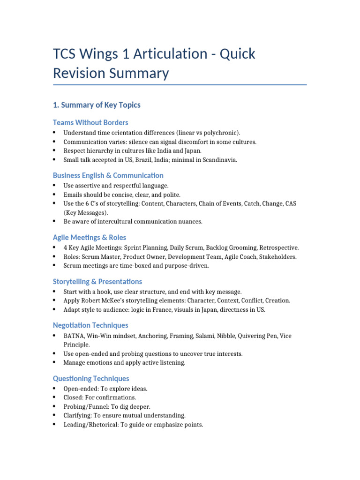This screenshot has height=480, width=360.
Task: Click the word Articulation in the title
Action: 156,54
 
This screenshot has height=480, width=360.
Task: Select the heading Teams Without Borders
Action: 90,122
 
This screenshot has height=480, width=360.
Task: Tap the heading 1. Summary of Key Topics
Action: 97,105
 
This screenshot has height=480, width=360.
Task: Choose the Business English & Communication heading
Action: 108,175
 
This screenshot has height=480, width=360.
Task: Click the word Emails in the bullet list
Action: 73,195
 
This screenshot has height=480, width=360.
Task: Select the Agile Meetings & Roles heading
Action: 90,238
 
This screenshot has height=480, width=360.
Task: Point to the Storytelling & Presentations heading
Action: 97,282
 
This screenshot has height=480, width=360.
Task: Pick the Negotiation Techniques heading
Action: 90,325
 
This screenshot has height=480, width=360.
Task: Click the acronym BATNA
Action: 73,336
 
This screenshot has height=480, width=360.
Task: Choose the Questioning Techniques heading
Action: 91,378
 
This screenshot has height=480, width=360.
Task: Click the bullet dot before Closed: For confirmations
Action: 55,397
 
